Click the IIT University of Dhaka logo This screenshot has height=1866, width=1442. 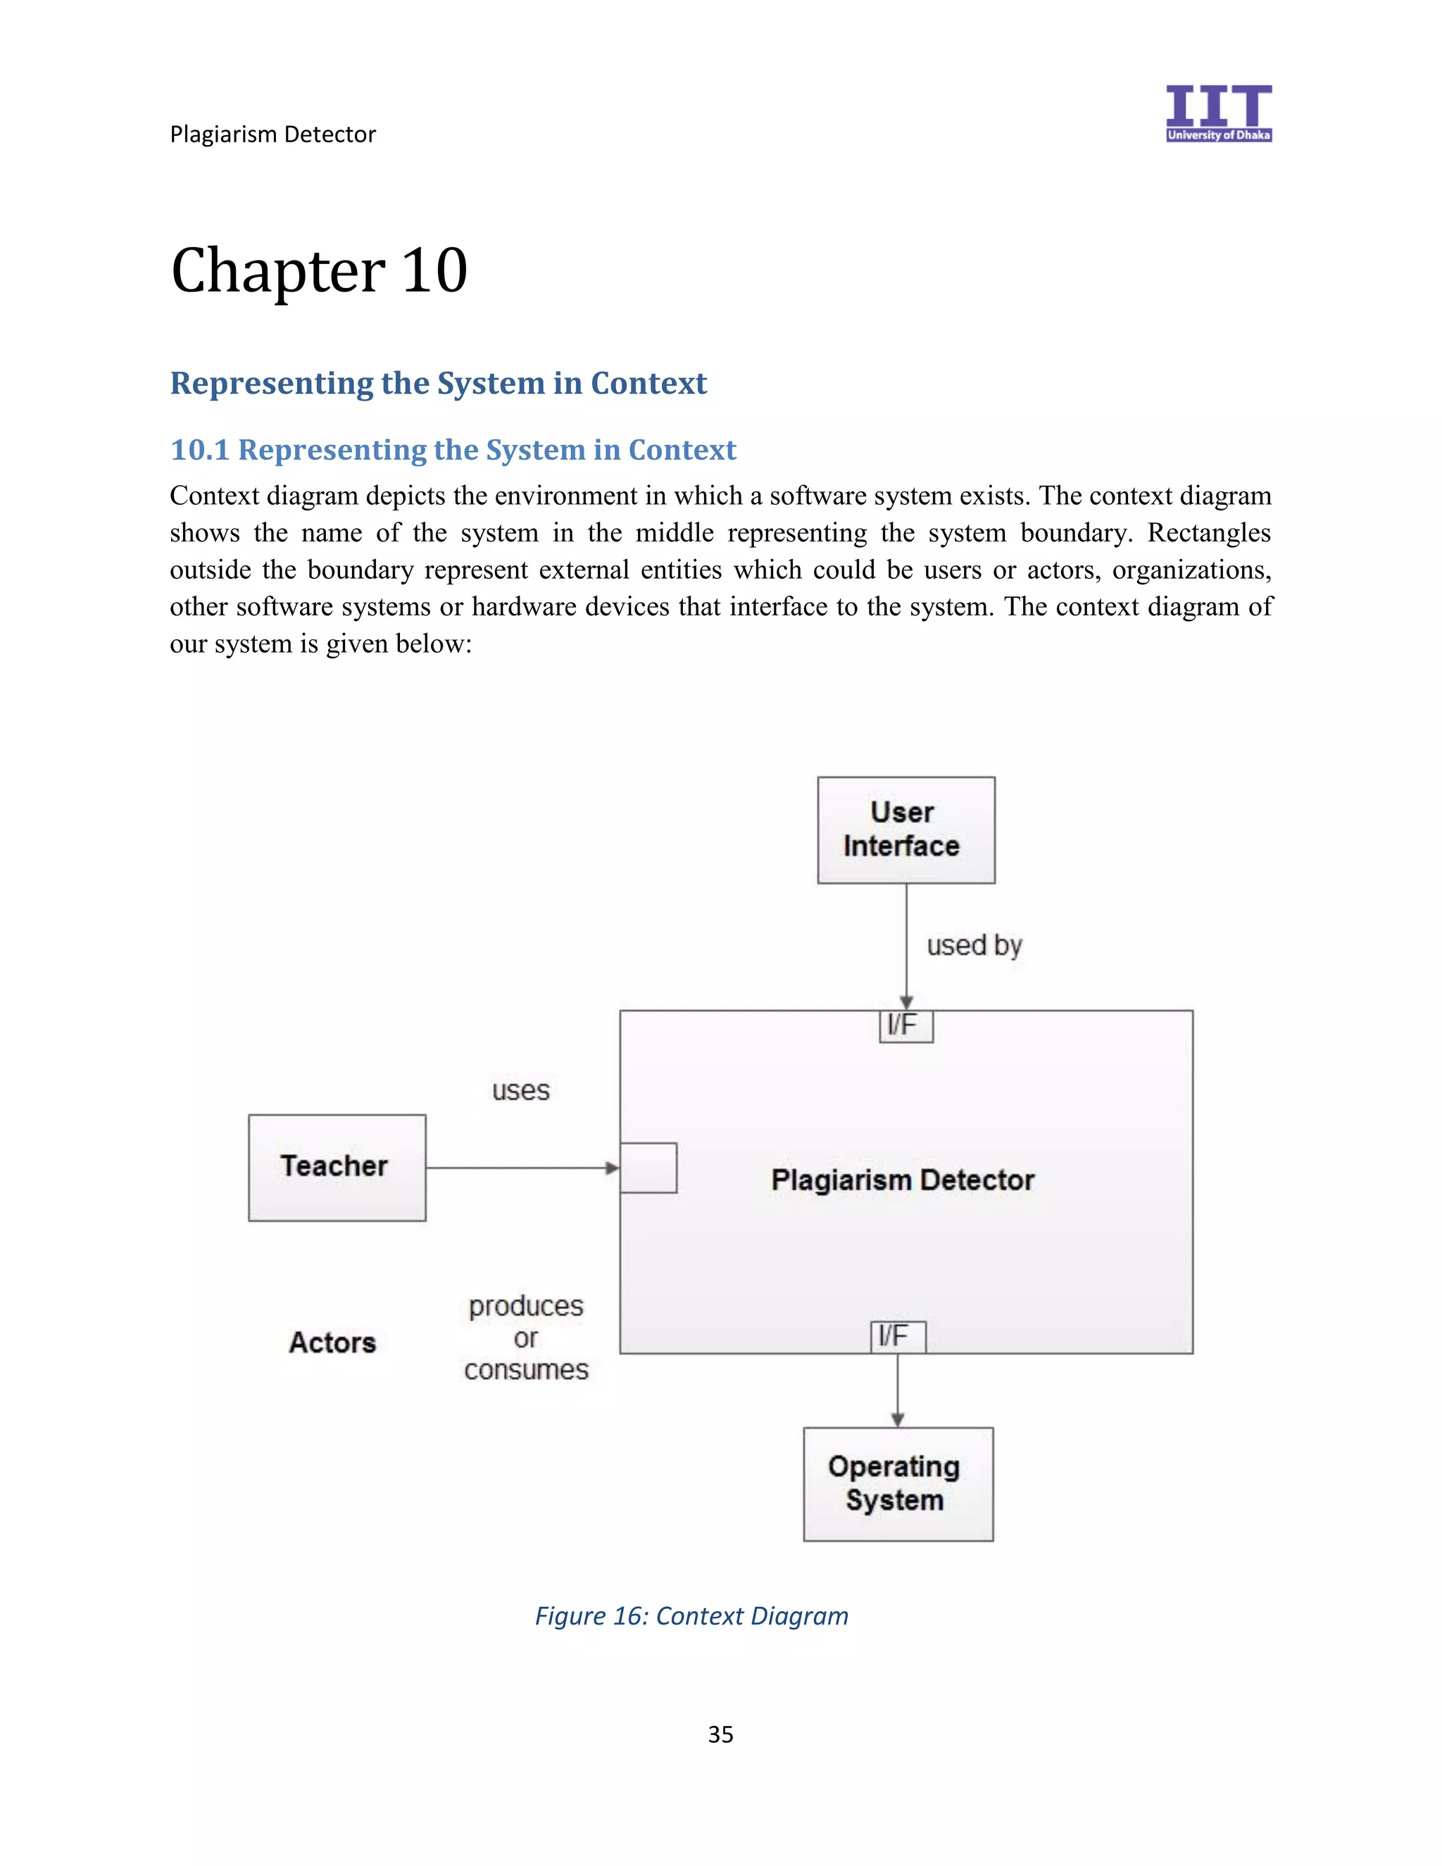pos(1218,113)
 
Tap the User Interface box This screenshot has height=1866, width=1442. pos(905,829)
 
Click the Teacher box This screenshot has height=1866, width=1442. pos(337,1167)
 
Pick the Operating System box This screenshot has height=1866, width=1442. pos(898,1484)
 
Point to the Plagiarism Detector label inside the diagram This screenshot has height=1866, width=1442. pos(902,1180)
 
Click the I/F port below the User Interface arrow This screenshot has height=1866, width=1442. pos(905,1026)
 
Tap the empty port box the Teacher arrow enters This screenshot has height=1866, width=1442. pos(648,1167)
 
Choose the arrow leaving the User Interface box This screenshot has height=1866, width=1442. pos(906,945)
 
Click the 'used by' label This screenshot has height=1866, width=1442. pos(974,945)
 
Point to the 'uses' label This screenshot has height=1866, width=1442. pos(520,1090)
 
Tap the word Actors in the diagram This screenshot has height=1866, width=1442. pos(332,1342)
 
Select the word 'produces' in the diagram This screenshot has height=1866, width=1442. pos(526,1305)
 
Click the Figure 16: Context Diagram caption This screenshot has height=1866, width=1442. pos(691,1615)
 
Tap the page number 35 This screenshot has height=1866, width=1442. pos(720,1734)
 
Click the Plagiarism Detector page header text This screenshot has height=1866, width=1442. pos(272,134)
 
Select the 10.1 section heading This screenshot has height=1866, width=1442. pos(453,449)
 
